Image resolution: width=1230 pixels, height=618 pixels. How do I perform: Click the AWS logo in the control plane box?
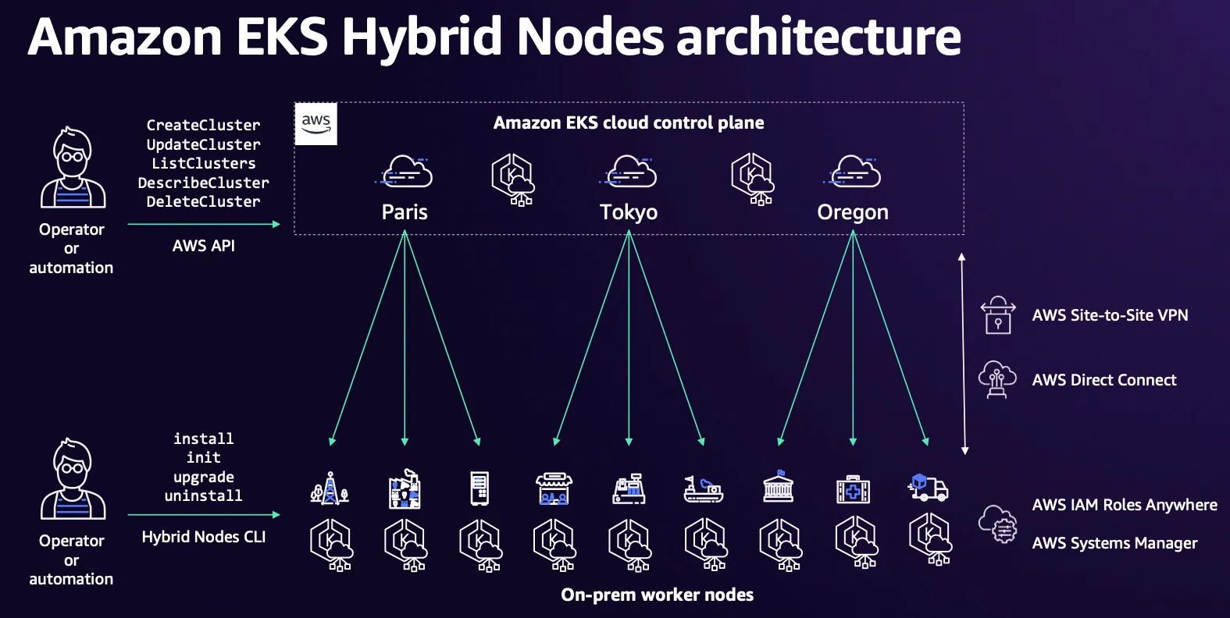click(316, 123)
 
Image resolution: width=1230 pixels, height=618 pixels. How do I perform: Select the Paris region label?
click(405, 212)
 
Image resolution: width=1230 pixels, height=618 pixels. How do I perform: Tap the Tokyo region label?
click(629, 212)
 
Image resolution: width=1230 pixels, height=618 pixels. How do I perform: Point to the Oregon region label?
click(853, 212)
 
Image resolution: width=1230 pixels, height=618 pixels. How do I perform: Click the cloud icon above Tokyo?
click(628, 172)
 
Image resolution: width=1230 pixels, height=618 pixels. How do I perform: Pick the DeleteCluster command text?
click(203, 201)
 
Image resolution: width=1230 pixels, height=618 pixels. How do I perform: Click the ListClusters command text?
click(203, 163)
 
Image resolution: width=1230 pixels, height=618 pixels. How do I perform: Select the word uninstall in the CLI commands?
click(203, 495)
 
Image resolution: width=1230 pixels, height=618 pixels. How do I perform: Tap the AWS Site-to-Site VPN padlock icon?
click(998, 315)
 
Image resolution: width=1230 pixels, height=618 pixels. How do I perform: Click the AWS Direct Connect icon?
click(998, 379)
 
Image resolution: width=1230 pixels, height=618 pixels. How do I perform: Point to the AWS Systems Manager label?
click(1114, 543)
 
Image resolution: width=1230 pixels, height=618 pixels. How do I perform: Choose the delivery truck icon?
click(928, 488)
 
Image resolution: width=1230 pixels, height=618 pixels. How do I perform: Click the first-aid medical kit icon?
click(853, 489)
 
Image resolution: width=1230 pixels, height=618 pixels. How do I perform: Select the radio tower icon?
click(330, 488)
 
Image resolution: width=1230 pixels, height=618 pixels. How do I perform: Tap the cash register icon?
click(629, 488)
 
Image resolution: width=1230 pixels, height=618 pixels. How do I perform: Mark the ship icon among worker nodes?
click(704, 489)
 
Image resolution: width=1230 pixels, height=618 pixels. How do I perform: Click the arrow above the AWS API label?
click(204, 224)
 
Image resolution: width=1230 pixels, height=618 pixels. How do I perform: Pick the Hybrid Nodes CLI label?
click(204, 537)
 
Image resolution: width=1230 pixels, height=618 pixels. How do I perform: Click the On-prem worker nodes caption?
click(658, 595)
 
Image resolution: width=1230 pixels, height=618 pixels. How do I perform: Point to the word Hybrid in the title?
click(421, 37)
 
